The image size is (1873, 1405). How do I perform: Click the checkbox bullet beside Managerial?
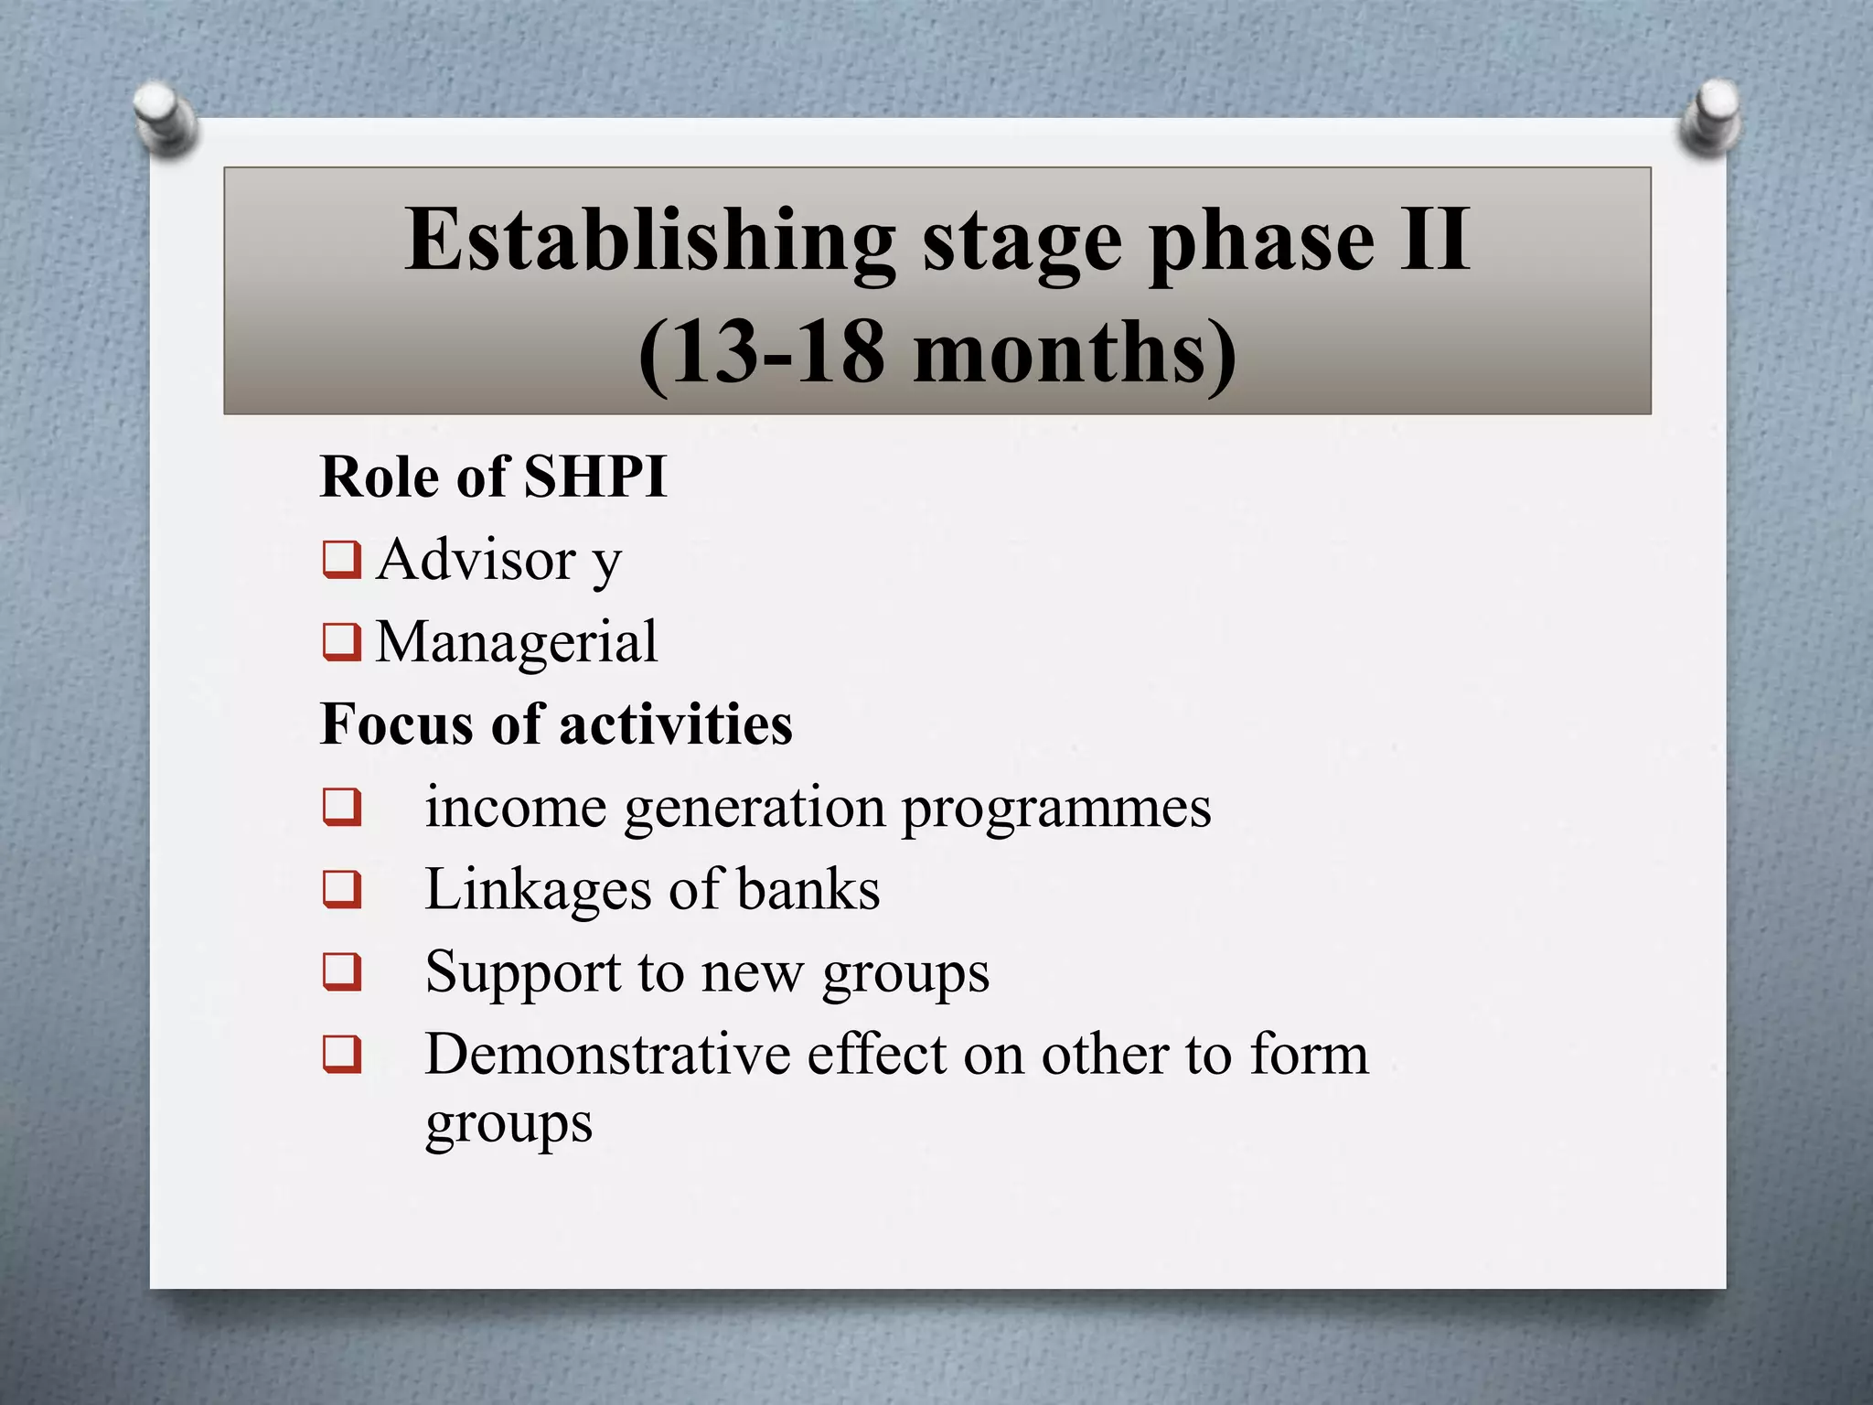click(x=342, y=641)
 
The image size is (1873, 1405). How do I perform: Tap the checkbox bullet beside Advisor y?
click(x=342, y=560)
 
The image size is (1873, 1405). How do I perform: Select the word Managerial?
click(x=517, y=642)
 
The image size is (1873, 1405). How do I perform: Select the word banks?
click(x=808, y=890)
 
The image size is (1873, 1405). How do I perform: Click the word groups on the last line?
click(x=508, y=1125)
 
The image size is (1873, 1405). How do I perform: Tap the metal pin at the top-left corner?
click(x=165, y=117)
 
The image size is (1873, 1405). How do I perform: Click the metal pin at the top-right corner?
click(x=1710, y=117)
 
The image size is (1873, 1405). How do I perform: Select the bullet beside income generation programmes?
click(x=342, y=807)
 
